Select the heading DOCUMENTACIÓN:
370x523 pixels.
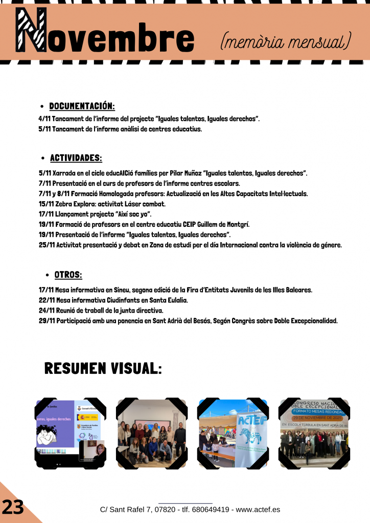[82, 106]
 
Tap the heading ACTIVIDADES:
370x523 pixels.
[76, 158]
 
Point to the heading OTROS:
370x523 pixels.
[68, 275]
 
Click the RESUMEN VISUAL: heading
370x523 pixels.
[103, 368]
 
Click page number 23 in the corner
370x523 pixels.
[13, 507]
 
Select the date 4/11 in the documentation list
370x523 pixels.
[44, 119]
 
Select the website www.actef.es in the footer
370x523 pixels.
[258, 510]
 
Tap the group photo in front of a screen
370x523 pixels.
[152, 433]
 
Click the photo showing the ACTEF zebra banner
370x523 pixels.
[233, 433]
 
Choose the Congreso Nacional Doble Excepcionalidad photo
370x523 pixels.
[313, 433]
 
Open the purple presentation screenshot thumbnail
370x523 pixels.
[71, 433]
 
